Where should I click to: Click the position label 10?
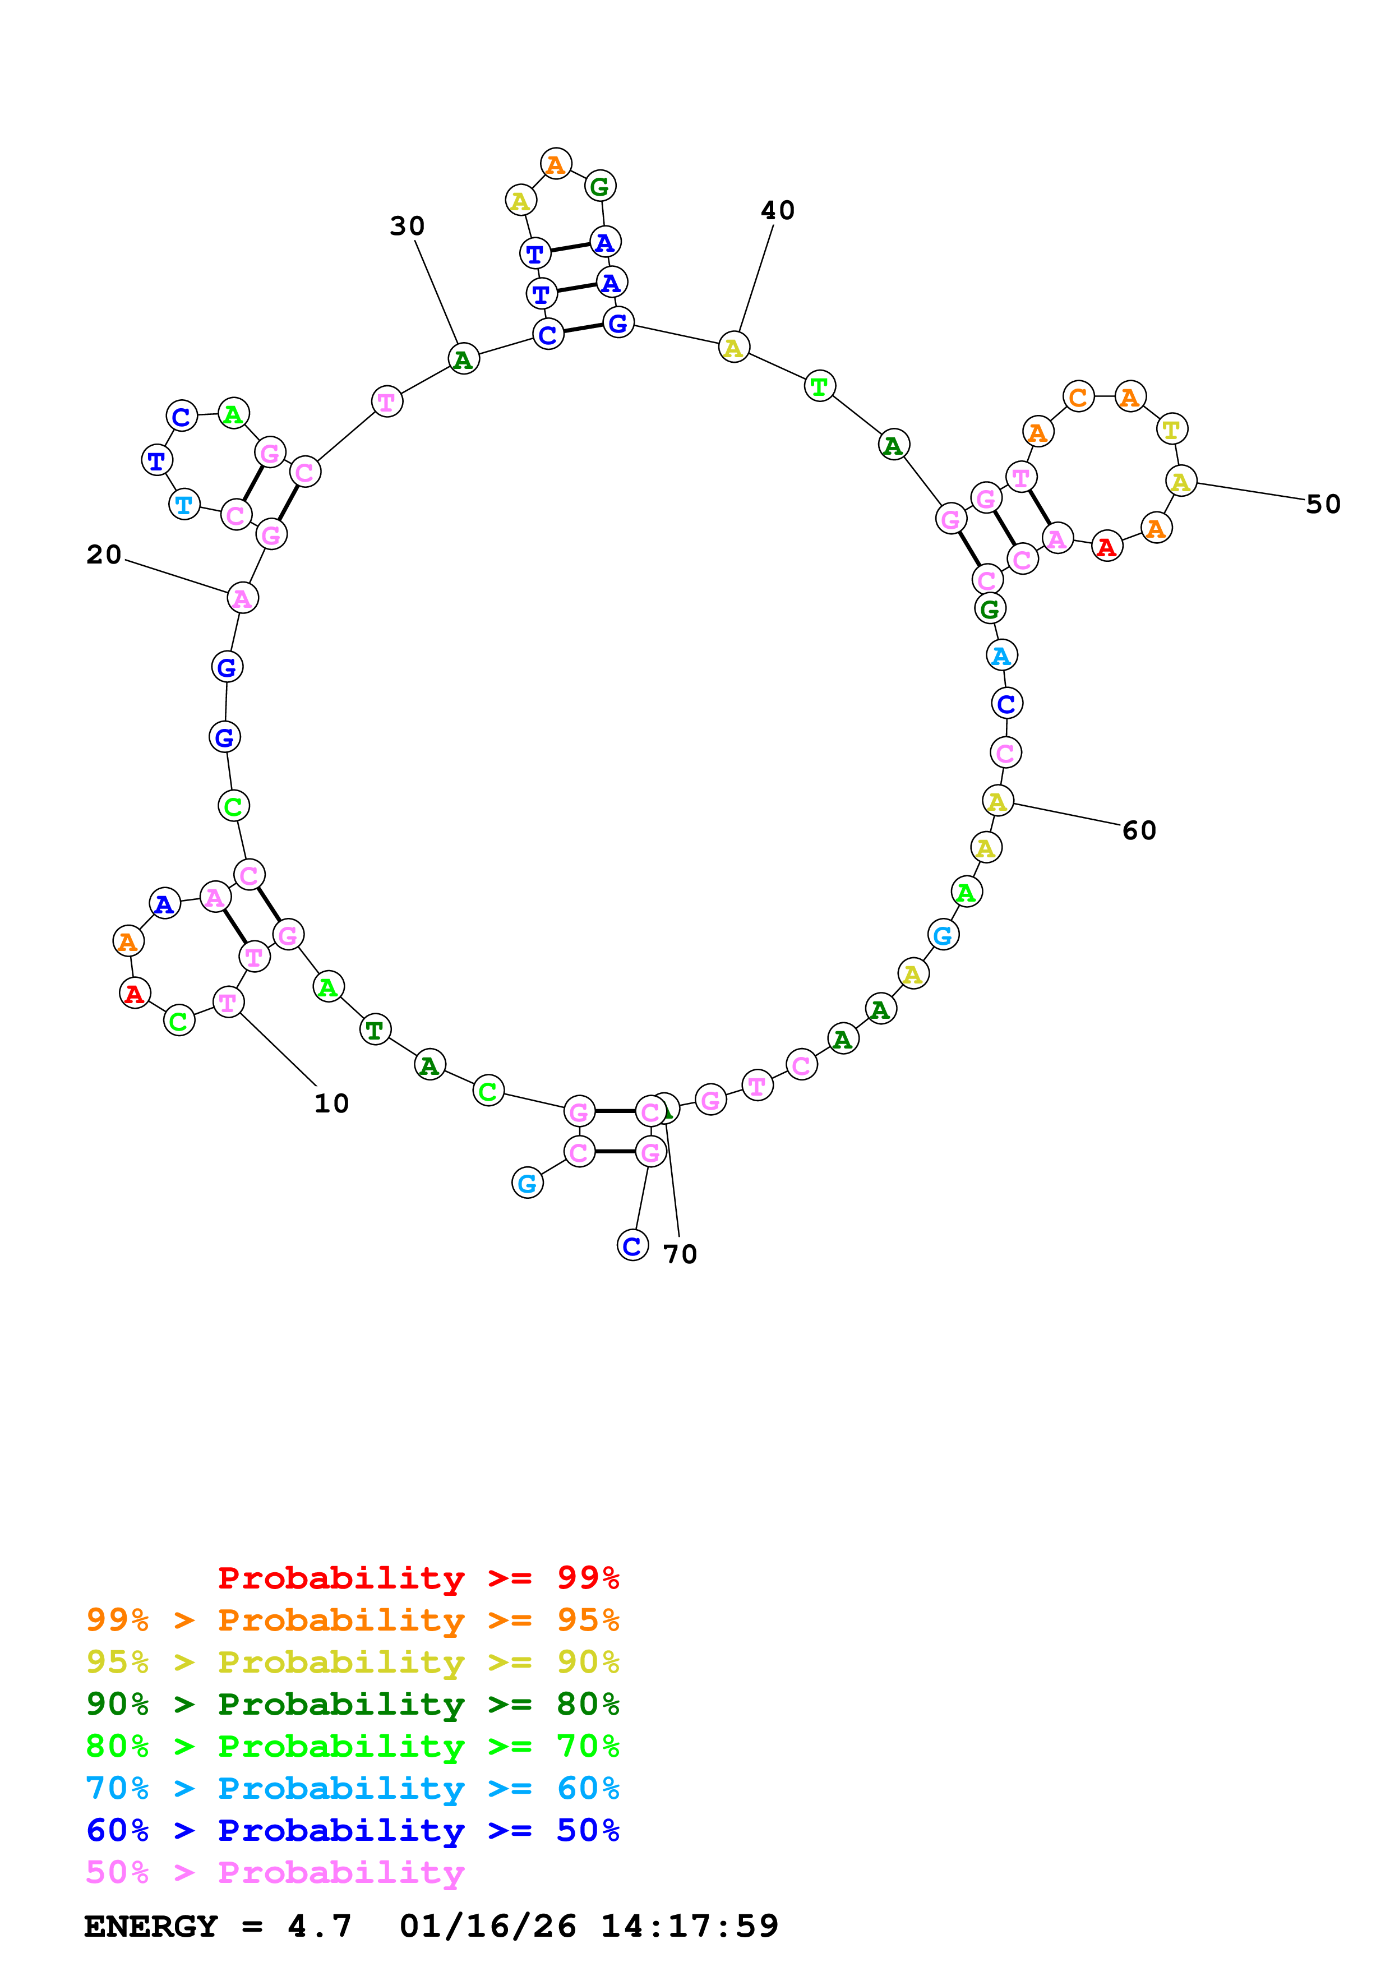[331, 1103]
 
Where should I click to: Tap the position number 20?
[104, 555]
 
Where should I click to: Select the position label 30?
[407, 226]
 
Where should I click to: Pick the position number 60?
[1139, 830]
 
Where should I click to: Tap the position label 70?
[680, 1254]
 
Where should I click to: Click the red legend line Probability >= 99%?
[418, 1577]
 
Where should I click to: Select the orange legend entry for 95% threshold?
[352, 1619]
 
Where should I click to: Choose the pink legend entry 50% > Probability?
[275, 1872]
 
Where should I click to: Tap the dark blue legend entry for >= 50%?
[352, 1830]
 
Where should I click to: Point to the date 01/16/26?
[487, 1926]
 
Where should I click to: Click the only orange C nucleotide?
[1078, 398]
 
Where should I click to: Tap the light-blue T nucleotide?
[184, 505]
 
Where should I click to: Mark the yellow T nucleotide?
[1172, 429]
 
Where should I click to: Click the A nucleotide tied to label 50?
[1181, 482]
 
